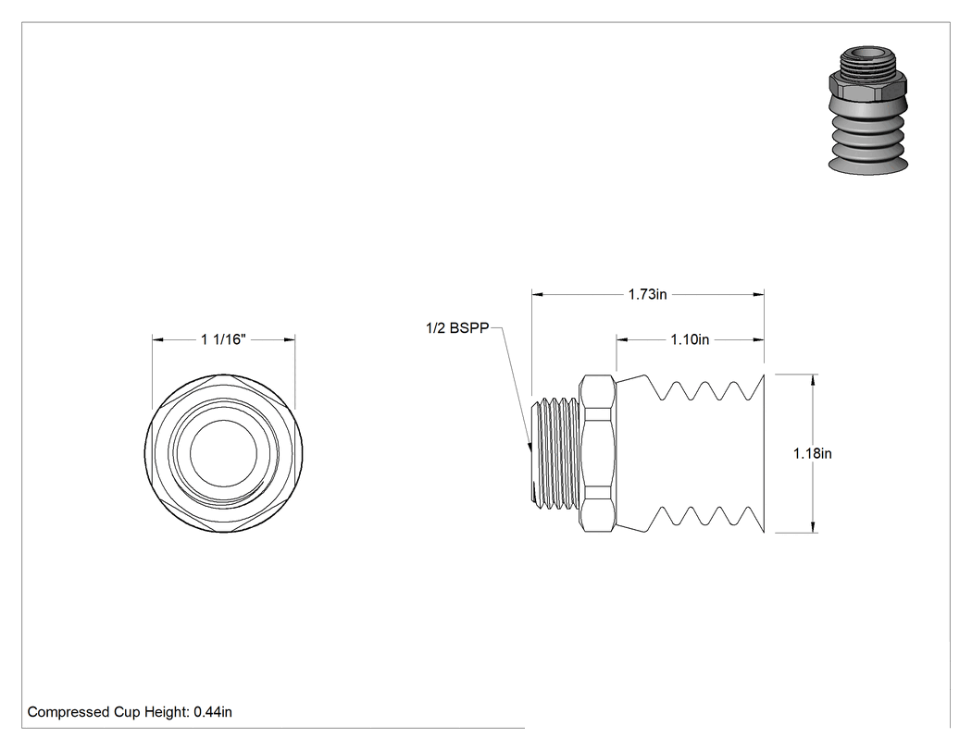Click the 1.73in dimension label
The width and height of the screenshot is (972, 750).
tap(647, 294)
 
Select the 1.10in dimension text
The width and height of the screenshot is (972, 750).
tap(690, 339)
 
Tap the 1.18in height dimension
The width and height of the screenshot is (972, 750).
tap(812, 453)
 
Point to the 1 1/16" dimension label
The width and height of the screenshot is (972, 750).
tap(223, 339)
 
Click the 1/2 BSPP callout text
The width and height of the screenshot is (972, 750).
tap(457, 328)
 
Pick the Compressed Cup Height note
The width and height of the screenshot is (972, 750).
tap(130, 712)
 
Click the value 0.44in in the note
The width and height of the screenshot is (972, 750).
tap(213, 712)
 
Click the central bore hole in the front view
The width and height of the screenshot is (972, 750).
tap(223, 454)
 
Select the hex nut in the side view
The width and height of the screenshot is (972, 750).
tap(598, 453)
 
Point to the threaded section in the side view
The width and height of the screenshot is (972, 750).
tap(556, 454)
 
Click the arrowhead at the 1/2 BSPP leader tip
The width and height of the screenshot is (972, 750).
tap(530, 446)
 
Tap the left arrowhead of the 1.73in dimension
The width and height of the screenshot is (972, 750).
tap(538, 295)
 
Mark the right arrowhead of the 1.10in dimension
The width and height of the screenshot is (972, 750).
tap(758, 339)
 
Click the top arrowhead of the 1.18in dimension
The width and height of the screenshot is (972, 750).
tap(813, 380)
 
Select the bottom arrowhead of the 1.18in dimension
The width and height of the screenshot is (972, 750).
tap(813, 527)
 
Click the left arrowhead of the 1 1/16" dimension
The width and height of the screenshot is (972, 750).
tap(158, 339)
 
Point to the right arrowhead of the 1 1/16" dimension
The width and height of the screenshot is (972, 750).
tap(289, 339)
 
